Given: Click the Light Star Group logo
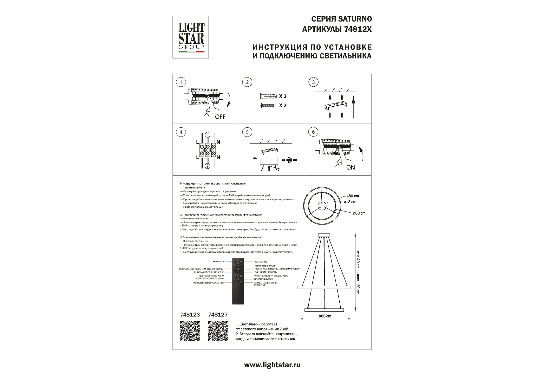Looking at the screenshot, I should click(191, 37).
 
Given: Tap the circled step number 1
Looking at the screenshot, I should click(181, 82).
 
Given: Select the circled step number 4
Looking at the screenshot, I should click(181, 132).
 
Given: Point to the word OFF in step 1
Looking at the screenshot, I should click(220, 117).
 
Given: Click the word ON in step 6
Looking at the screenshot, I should click(351, 167).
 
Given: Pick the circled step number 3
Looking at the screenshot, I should click(313, 82).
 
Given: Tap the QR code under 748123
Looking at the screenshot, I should click(190, 331).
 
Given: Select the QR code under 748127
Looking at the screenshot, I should click(218, 331).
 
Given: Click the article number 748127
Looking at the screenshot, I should click(218, 315).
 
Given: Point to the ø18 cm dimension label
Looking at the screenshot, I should click(350, 202).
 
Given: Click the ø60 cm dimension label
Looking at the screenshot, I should click(359, 213).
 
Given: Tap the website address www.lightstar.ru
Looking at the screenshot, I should click(272, 365).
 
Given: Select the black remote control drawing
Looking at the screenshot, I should click(238, 281).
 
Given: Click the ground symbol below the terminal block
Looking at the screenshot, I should click(207, 166).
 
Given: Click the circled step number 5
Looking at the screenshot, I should click(247, 132).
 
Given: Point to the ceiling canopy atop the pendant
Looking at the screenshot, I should click(324, 235).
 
